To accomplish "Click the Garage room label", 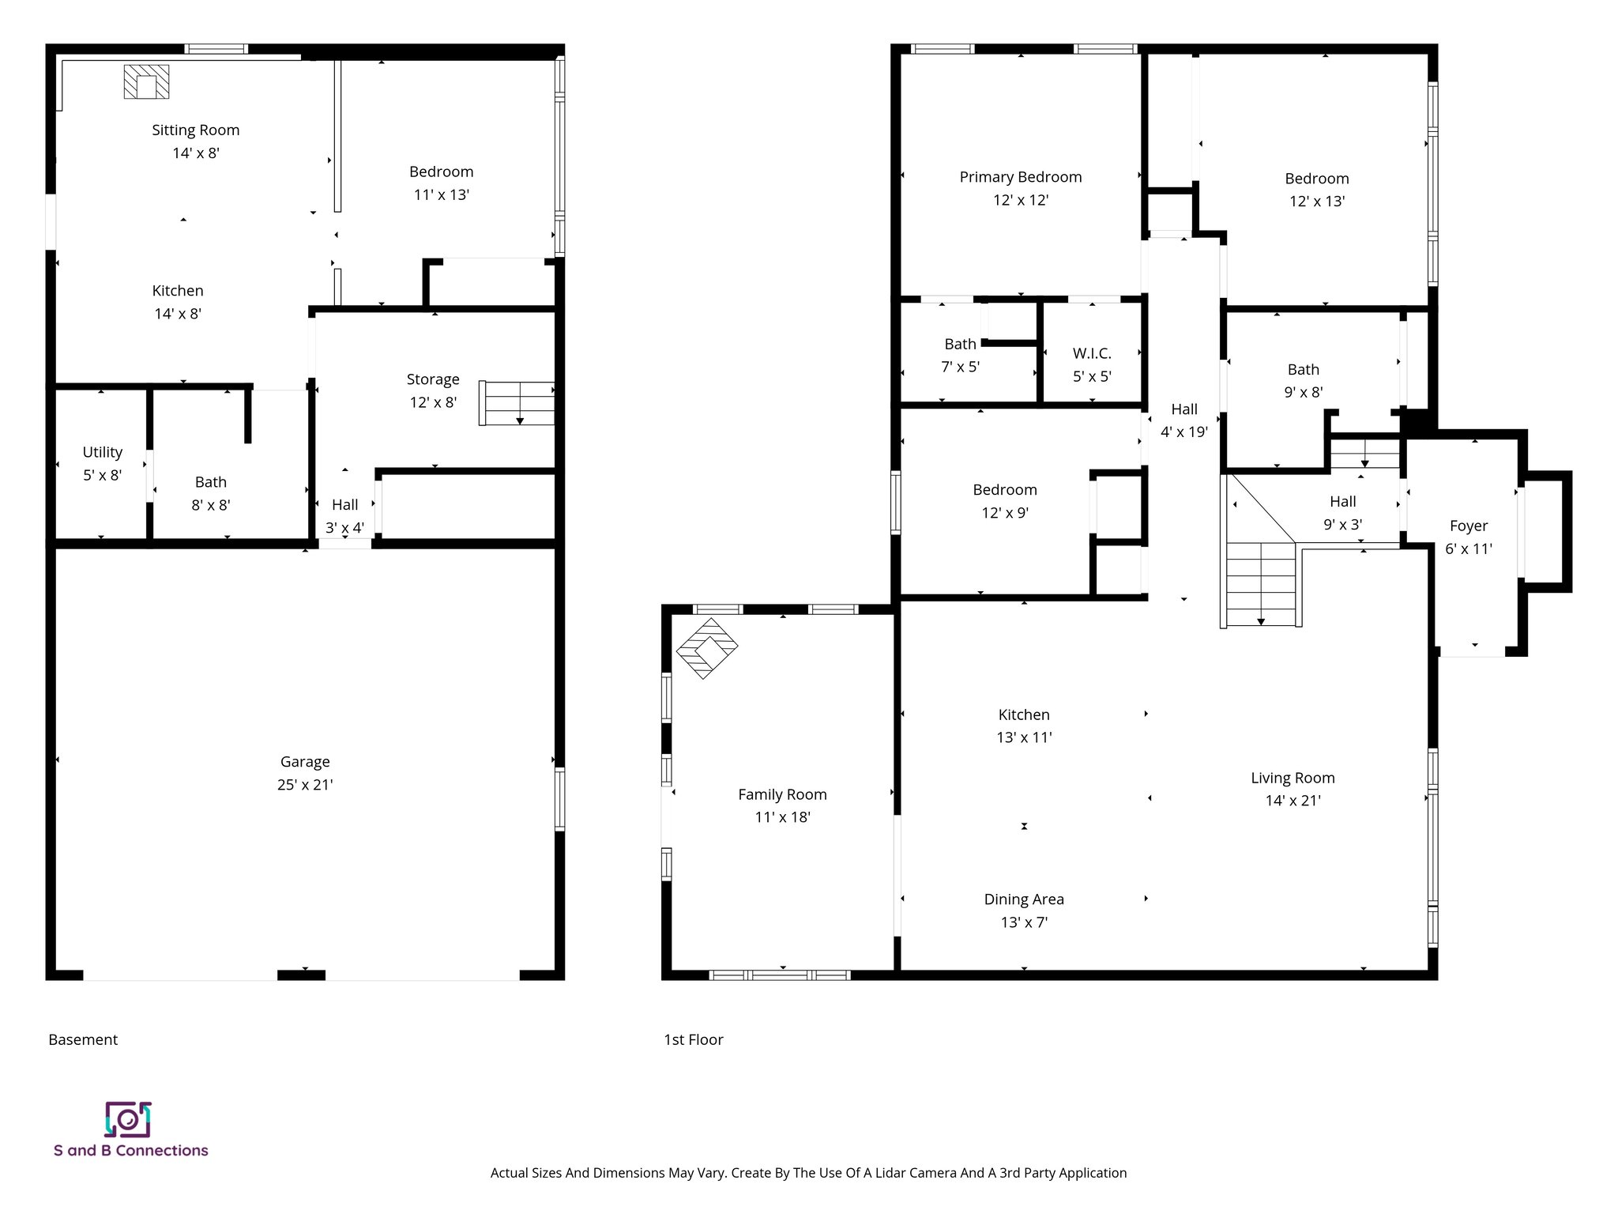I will coord(305,762).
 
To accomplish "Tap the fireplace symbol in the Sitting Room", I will coord(146,82).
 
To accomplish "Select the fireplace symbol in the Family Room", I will coord(707,648).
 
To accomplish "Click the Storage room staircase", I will coord(517,403).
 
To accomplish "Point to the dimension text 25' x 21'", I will coord(305,785).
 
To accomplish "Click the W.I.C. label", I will coord(1092,353).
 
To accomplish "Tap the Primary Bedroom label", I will coord(1021,177).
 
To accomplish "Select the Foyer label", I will coord(1468,526).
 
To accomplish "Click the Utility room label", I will coord(103,452).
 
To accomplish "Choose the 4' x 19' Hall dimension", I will coord(1183,432).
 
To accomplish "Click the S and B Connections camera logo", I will coord(128,1119).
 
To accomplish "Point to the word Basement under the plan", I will coord(83,1040).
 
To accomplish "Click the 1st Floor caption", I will coord(694,1040).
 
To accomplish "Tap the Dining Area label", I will coord(1024,899).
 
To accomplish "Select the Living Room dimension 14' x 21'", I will coord(1293,801).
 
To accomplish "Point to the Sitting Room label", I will coord(196,130).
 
